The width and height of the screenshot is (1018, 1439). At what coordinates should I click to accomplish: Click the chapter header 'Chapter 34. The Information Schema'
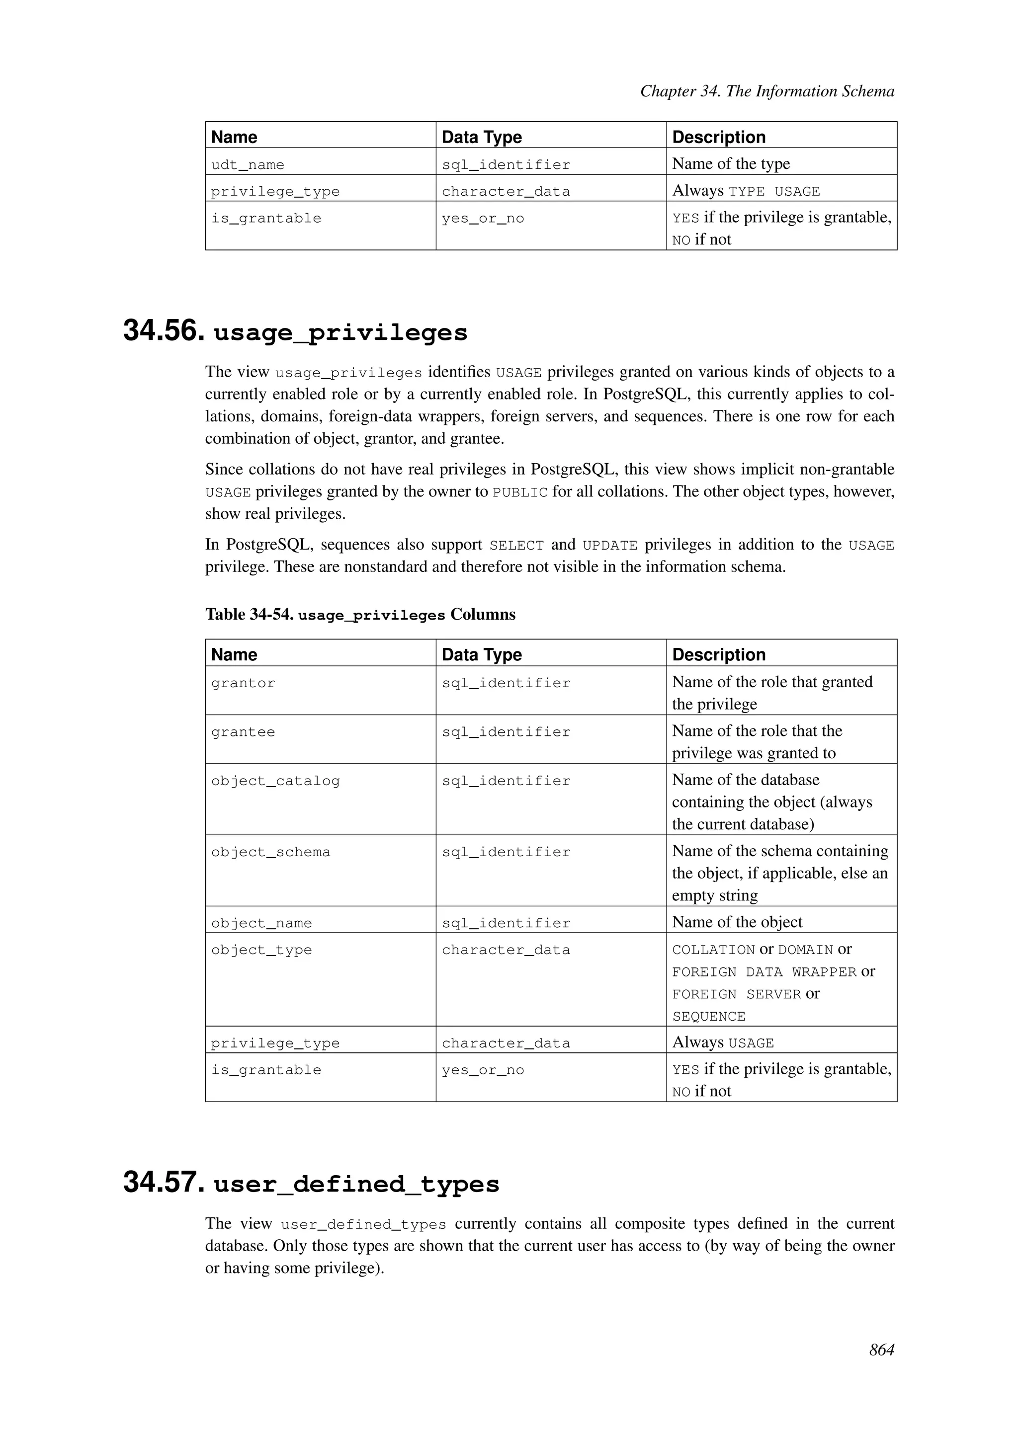point(766,91)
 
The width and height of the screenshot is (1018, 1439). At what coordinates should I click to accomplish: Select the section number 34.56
point(164,331)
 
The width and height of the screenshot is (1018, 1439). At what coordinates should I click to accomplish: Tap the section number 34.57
point(164,1183)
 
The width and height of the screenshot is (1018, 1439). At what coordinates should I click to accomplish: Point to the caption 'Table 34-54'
point(250,614)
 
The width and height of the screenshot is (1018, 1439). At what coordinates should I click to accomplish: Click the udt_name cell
point(248,165)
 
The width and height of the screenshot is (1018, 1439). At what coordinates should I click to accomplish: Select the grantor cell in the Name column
point(243,683)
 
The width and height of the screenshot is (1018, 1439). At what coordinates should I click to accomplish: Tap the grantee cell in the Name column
point(243,732)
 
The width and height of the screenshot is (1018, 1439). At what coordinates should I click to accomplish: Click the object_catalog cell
point(275,781)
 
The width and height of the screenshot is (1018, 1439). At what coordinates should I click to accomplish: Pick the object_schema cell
point(270,852)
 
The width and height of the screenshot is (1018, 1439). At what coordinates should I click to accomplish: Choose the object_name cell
point(261,923)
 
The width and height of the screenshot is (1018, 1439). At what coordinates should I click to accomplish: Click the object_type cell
point(261,950)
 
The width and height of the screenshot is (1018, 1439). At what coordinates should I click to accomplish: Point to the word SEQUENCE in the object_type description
point(708,1017)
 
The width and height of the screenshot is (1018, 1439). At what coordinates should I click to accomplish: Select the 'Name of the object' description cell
point(737,922)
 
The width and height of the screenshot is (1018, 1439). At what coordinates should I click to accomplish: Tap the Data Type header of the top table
point(482,137)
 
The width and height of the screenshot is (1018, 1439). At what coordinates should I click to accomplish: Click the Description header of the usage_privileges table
point(718,654)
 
